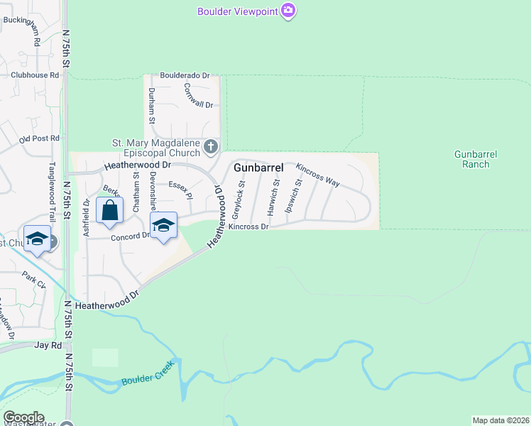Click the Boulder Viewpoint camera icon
(x=288, y=11)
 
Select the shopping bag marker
(x=110, y=210)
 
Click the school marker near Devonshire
(x=164, y=226)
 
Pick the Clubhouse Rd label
(x=34, y=75)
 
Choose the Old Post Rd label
(x=40, y=138)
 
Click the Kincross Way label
(x=317, y=175)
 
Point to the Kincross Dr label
(x=248, y=227)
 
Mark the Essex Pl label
(x=181, y=188)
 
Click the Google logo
(x=23, y=417)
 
